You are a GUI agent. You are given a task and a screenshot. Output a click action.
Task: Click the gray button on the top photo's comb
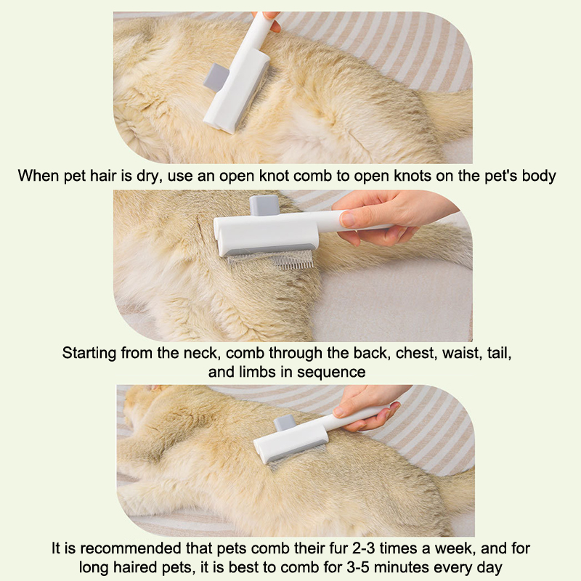pos(216,77)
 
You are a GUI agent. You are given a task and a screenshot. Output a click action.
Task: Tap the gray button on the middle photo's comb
pos(264,206)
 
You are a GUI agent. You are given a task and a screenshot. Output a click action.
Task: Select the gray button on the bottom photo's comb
pos(285,423)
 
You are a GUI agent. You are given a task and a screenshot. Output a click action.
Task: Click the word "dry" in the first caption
pos(149,176)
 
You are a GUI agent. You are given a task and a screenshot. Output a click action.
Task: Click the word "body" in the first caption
pos(539,176)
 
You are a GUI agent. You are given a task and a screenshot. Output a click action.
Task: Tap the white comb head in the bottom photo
pos(291,444)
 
